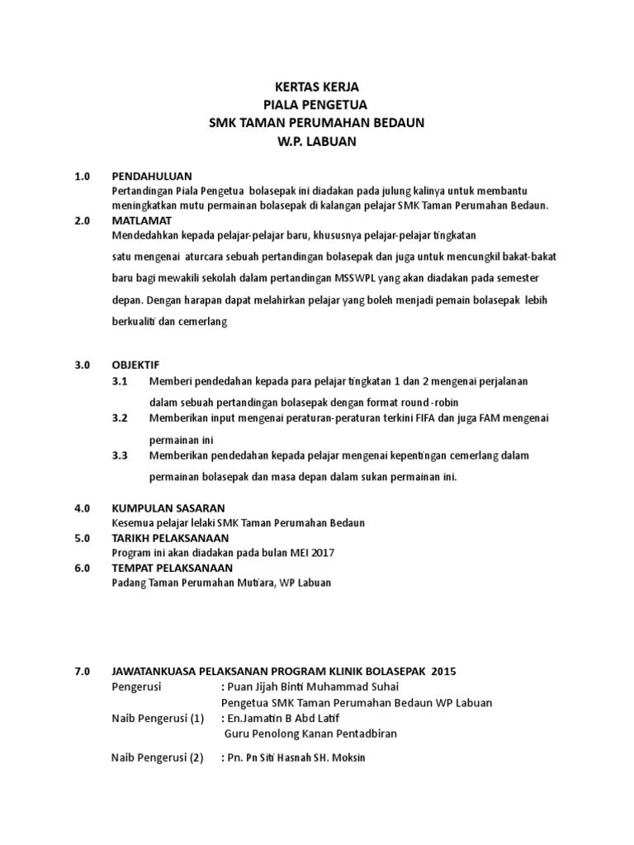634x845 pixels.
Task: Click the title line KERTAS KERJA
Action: pos(317,87)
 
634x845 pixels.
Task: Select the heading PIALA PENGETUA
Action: pos(317,105)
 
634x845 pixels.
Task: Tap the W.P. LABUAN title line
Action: pos(317,141)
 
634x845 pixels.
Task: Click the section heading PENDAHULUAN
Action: pos(151,177)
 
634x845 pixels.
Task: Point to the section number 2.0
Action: pos(81,220)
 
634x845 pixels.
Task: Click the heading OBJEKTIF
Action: pos(135,364)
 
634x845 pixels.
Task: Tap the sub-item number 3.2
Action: pos(121,418)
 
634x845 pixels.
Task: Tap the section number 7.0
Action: pos(81,672)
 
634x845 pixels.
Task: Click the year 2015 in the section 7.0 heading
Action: pos(442,672)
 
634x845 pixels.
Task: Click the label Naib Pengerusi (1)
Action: pos(158,717)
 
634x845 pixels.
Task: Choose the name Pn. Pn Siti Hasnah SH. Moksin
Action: pos(296,757)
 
